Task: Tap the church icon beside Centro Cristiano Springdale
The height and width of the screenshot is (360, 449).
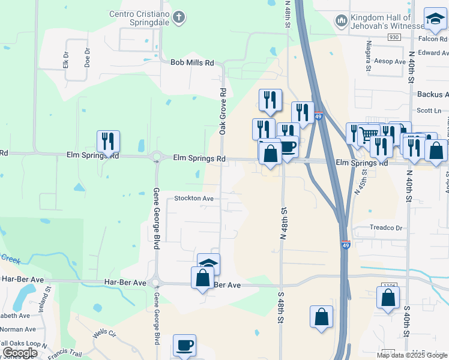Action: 178,17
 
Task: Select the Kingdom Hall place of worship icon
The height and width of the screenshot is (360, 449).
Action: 342,22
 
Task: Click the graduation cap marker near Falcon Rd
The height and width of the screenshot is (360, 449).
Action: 435,20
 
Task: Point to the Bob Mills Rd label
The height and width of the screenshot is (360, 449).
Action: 192,62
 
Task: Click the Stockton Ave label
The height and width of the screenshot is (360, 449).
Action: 194,198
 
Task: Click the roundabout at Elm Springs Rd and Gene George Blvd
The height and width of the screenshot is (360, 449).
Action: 157,158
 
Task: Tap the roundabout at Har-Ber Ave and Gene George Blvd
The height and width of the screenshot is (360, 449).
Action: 156,282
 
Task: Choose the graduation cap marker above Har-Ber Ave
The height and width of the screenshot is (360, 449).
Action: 208,263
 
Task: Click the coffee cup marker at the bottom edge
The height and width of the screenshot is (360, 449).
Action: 184,346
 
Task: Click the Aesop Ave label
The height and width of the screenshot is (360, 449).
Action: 391,61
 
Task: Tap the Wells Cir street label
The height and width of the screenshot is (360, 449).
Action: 104,333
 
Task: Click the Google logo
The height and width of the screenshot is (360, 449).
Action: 20,353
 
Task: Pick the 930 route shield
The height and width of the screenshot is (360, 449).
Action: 394,37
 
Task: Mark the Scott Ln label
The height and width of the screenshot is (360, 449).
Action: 429,110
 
